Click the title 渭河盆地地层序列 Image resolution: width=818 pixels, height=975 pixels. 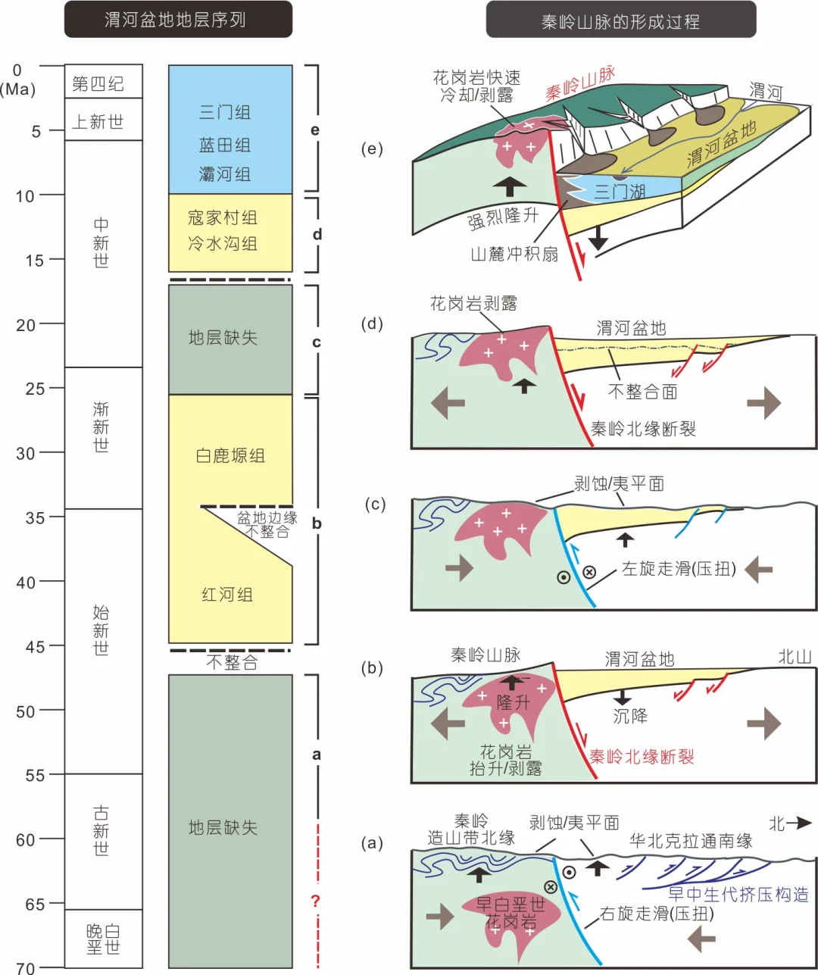pos(177,20)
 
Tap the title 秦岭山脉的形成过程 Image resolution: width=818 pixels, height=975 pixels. pos(620,20)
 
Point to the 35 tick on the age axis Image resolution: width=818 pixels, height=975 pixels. pos(35,517)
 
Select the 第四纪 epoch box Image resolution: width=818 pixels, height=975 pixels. pos(103,82)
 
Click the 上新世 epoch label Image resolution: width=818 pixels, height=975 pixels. pos(98,121)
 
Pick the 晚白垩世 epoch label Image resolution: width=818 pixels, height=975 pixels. pos(103,939)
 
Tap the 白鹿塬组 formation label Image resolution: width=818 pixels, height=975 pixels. pos(230,455)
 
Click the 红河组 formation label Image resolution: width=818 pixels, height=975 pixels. pos(227,595)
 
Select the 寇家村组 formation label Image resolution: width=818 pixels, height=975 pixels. pos(223,217)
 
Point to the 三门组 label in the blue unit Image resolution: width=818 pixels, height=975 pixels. pos(225,112)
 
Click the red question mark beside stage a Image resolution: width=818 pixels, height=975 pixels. pos(316,902)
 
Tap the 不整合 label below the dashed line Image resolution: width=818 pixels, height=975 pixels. pos(232,663)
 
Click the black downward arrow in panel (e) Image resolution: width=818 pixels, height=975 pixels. pos(598,236)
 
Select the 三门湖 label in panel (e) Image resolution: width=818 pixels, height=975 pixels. pos(620,191)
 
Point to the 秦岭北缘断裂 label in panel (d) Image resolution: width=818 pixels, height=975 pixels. pos(643,429)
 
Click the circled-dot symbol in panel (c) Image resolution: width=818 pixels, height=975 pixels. pos(564,577)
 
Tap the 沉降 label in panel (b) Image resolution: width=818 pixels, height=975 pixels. pos(630,716)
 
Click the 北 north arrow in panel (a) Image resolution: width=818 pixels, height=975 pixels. pos(790,823)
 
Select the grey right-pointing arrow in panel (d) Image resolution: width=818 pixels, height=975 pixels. pos(763,402)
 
